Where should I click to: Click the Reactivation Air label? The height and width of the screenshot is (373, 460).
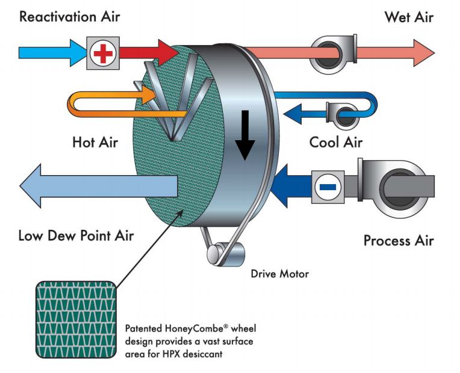point(69,16)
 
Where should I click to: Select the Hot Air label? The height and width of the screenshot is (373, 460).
point(95,143)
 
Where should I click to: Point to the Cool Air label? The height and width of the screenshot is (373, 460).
point(335,143)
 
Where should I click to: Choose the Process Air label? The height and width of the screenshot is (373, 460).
point(398,241)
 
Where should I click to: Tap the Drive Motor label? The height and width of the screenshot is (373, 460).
point(279,274)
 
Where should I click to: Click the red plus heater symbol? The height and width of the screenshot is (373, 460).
point(102,53)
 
